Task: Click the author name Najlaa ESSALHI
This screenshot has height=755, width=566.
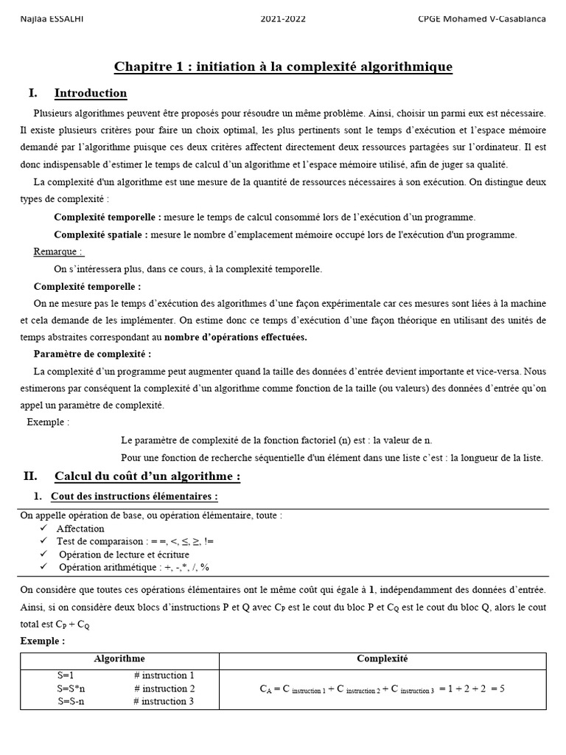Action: tap(52, 18)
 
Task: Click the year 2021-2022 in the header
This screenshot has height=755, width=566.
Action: tap(284, 18)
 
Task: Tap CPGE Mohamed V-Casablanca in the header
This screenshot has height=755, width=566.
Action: tap(482, 18)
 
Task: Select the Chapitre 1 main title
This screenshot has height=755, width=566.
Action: tap(283, 68)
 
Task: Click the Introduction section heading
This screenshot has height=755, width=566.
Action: tap(91, 94)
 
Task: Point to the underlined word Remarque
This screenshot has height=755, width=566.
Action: tap(58, 251)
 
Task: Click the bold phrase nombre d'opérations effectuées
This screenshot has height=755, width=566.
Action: tap(235, 337)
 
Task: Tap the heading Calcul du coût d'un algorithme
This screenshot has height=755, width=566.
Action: tap(147, 476)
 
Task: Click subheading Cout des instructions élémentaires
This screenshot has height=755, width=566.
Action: tap(134, 496)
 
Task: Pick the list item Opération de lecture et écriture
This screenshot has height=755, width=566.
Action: tap(124, 554)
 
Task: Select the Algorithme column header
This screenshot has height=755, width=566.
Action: tap(119, 659)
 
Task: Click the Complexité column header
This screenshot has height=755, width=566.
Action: tap(382, 659)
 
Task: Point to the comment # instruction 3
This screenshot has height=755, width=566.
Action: tap(164, 701)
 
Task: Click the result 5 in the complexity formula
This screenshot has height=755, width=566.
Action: tap(501, 689)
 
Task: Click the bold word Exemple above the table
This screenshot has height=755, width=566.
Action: tap(43, 641)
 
